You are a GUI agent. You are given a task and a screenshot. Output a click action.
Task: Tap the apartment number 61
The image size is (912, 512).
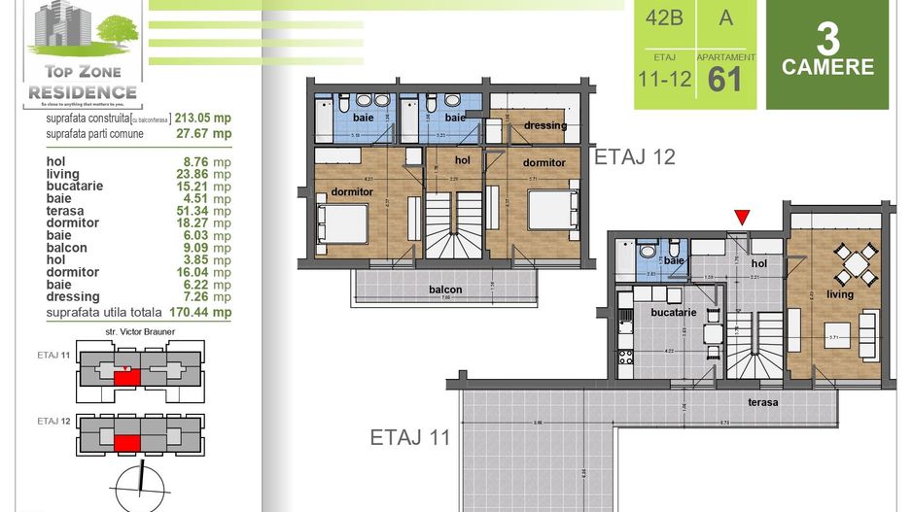725,78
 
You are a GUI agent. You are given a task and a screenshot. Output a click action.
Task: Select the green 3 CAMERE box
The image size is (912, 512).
828,54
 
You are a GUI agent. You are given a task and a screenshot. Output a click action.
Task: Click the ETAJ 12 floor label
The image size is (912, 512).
635,155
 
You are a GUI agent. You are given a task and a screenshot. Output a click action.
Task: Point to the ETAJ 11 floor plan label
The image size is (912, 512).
410,437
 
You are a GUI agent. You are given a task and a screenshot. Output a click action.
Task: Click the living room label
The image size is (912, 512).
840,294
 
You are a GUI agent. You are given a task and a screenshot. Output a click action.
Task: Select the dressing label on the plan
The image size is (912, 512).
544,125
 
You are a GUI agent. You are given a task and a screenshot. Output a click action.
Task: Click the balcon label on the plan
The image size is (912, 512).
445,290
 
